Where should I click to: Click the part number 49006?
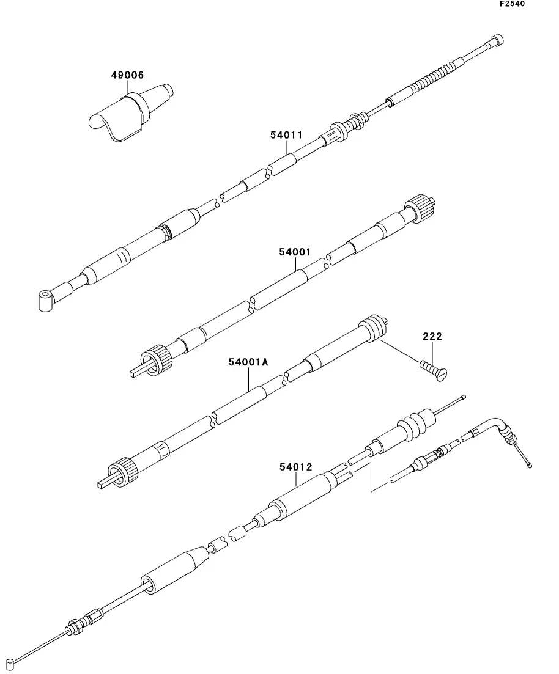(x=127, y=76)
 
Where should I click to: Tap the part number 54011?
(x=286, y=135)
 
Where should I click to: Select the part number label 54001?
(x=296, y=251)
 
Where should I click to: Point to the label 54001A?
(x=249, y=362)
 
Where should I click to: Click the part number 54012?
(x=296, y=467)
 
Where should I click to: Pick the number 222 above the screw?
(x=432, y=336)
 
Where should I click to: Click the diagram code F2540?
(x=512, y=4)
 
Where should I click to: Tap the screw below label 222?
(x=434, y=368)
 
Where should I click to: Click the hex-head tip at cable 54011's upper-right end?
(x=497, y=41)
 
